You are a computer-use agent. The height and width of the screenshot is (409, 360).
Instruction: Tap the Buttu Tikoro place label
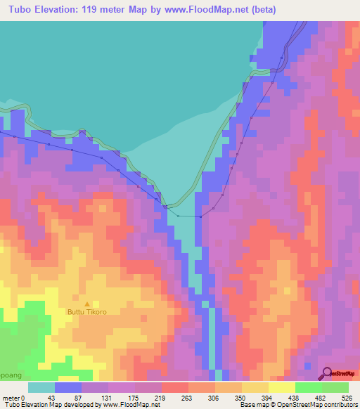pos(86,312)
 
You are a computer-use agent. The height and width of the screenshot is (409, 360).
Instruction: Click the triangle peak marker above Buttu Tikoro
pos(86,304)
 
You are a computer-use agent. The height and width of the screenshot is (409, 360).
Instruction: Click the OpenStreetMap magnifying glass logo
pos(328,373)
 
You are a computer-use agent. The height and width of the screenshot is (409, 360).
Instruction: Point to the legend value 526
pos(347,398)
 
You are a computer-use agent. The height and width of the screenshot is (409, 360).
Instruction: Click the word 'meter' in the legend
pos(10,398)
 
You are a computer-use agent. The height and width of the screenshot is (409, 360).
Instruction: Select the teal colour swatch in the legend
pos(41,387)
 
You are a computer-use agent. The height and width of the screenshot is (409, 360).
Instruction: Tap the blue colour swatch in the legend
pos(68,387)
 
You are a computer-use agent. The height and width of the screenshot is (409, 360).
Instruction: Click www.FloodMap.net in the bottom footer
pos(112,405)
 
